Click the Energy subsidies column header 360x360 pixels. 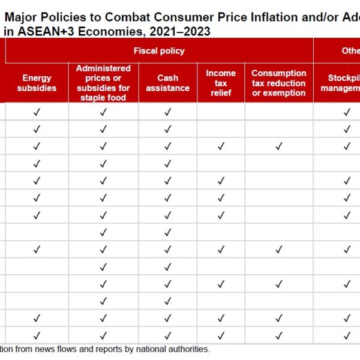37,83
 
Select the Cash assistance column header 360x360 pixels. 167,83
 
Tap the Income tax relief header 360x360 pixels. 221,83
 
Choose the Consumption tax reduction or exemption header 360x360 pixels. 278,83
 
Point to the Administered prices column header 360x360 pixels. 103,83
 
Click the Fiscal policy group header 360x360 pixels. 160,50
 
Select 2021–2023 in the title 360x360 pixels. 181,31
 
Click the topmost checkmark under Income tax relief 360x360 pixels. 221,146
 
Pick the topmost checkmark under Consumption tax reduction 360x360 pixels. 278,146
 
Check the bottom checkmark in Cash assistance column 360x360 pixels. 167,335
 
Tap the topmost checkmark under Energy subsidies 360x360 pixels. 37,112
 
